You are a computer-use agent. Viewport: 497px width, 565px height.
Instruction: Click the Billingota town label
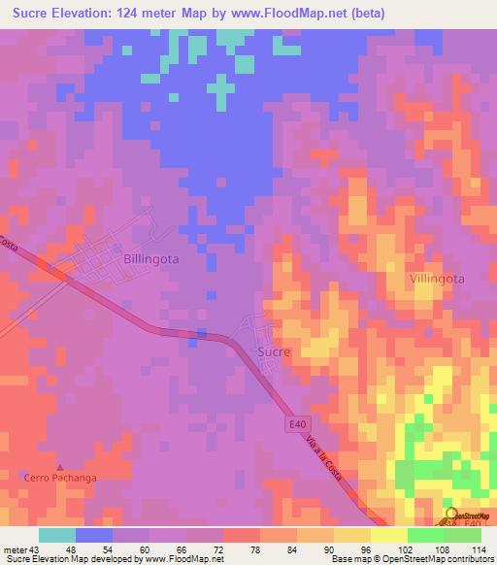pyautogui.click(x=151, y=259)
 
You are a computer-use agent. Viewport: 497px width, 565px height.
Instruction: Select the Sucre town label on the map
pyautogui.click(x=274, y=351)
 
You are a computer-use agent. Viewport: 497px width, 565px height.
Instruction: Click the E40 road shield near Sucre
pyautogui.click(x=298, y=424)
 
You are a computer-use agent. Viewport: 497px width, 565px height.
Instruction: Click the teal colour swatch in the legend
pyautogui.click(x=57, y=534)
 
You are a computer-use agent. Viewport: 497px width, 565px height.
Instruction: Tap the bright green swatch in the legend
pyautogui.click(x=425, y=534)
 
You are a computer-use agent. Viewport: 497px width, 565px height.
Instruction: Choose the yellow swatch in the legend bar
pyautogui.click(x=388, y=534)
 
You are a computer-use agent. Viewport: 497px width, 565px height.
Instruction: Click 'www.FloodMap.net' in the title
pyautogui.click(x=287, y=14)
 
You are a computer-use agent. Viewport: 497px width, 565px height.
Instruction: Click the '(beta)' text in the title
pyautogui.click(x=367, y=14)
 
